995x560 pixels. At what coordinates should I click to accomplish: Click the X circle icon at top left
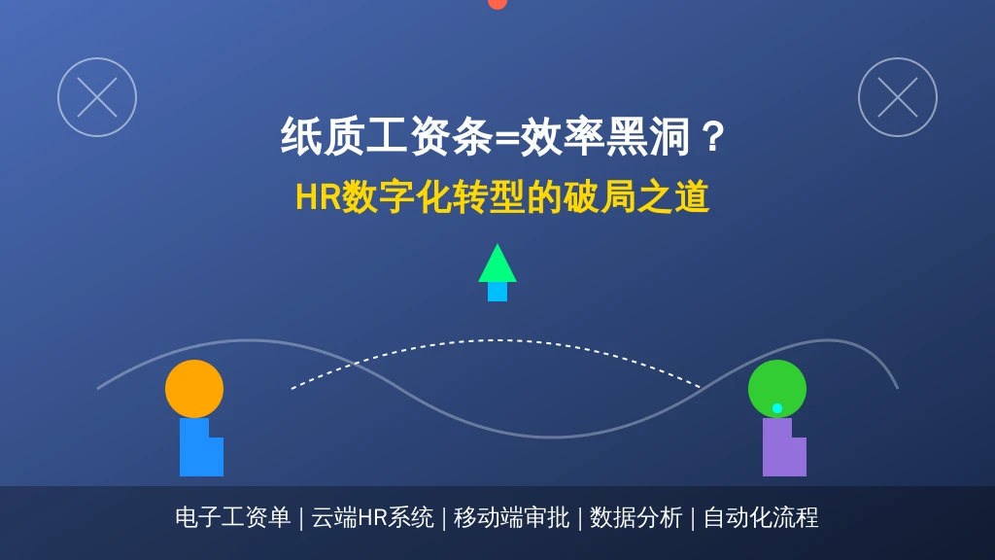[97, 97]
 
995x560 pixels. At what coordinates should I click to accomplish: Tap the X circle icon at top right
[897, 97]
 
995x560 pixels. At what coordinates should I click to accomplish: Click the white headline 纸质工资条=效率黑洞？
[502, 136]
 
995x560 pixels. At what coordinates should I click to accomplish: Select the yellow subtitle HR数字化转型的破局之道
[502, 196]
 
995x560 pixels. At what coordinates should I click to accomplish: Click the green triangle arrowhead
[497, 265]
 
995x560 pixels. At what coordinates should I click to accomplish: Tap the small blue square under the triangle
[497, 292]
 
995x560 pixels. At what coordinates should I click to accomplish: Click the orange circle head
[194, 389]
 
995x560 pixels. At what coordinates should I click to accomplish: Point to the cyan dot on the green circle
[777, 408]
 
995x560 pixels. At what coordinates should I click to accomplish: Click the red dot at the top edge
[497, 3]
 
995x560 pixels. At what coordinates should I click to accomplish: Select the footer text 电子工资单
[233, 517]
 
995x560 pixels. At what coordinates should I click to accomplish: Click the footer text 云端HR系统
[372, 517]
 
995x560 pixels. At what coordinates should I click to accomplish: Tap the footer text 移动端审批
[511, 517]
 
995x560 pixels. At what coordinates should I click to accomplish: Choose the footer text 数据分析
[635, 517]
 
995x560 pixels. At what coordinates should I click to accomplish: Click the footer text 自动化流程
[761, 517]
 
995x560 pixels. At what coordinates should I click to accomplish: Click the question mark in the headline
[712, 136]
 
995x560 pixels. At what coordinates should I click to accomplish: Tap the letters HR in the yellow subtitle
[319, 196]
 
